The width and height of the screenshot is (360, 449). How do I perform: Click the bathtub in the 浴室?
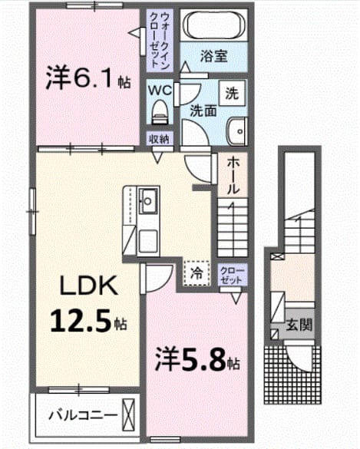[x=214, y=25]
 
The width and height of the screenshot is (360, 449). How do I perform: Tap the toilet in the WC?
[x=160, y=112]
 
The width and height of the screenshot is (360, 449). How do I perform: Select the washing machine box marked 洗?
[x=232, y=94]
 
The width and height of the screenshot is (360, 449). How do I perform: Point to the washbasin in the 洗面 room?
[x=237, y=131]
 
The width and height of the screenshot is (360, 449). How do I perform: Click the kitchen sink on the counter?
[x=148, y=201]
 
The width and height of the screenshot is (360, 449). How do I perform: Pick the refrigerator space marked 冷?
[x=197, y=273]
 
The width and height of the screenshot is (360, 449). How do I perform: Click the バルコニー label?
[x=84, y=415]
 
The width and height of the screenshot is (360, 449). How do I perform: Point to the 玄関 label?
[x=299, y=325]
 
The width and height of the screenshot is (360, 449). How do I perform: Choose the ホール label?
[x=233, y=176]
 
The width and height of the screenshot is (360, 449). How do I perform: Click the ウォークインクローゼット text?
[x=160, y=40]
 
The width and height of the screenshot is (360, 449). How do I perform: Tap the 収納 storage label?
[x=160, y=140]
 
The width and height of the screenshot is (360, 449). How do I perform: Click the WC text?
[x=160, y=91]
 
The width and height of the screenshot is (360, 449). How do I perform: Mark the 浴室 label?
[x=213, y=56]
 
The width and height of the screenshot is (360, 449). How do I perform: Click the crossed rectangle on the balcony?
[x=128, y=415]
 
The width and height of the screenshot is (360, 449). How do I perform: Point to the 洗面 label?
[x=203, y=111]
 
